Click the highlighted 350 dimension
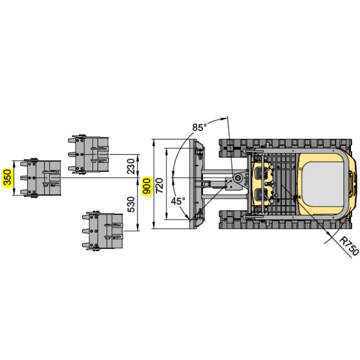coord(7,177)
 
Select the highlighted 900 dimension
coord(147,186)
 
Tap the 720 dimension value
coord(159,186)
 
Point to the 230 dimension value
coord(131,167)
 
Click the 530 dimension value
coord(131,204)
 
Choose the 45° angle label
coord(178,201)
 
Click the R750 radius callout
coord(349,246)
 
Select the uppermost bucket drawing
coord(88,154)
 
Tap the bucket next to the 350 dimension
coord(41,178)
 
